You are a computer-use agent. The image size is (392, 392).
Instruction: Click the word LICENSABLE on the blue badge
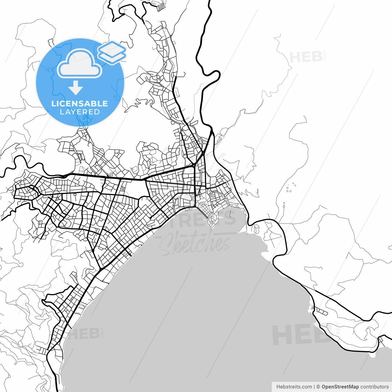(80, 104)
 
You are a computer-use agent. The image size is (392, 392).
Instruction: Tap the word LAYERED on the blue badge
(80, 112)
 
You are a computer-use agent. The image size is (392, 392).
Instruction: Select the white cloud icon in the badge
(80, 64)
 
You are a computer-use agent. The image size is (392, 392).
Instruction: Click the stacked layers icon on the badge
(112, 52)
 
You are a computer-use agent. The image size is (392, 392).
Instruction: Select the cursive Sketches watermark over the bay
(195, 244)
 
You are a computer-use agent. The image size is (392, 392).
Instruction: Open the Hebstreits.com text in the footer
(294, 387)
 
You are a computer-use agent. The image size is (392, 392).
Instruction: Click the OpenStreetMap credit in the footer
(340, 387)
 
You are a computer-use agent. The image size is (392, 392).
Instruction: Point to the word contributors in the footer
(374, 387)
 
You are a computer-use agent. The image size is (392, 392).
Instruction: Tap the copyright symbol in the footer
(318, 387)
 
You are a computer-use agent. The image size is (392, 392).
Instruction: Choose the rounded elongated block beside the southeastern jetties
(322, 312)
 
